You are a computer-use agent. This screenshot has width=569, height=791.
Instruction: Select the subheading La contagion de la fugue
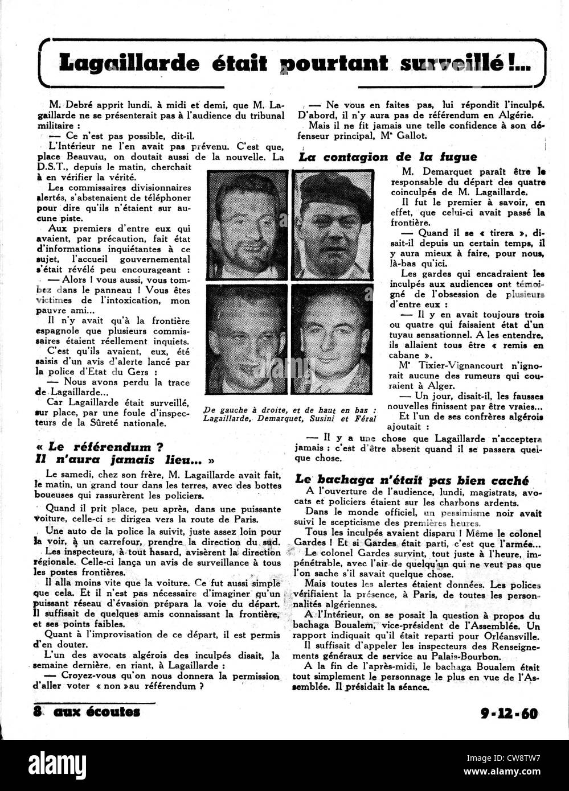[x=388, y=157]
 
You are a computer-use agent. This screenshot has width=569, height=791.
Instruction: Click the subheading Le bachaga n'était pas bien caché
[x=412, y=480]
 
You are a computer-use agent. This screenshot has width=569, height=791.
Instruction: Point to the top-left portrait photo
[x=247, y=225]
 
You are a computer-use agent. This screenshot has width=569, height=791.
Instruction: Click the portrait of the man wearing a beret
[x=332, y=225]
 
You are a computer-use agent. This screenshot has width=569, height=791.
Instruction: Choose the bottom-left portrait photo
[x=247, y=339]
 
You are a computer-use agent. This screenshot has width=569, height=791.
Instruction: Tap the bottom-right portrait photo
[x=332, y=339]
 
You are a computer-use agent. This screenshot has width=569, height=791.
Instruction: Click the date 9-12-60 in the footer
[x=509, y=712]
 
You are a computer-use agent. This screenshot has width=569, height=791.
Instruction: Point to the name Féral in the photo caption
[x=363, y=419]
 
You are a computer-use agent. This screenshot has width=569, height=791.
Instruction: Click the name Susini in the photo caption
[x=320, y=419]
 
